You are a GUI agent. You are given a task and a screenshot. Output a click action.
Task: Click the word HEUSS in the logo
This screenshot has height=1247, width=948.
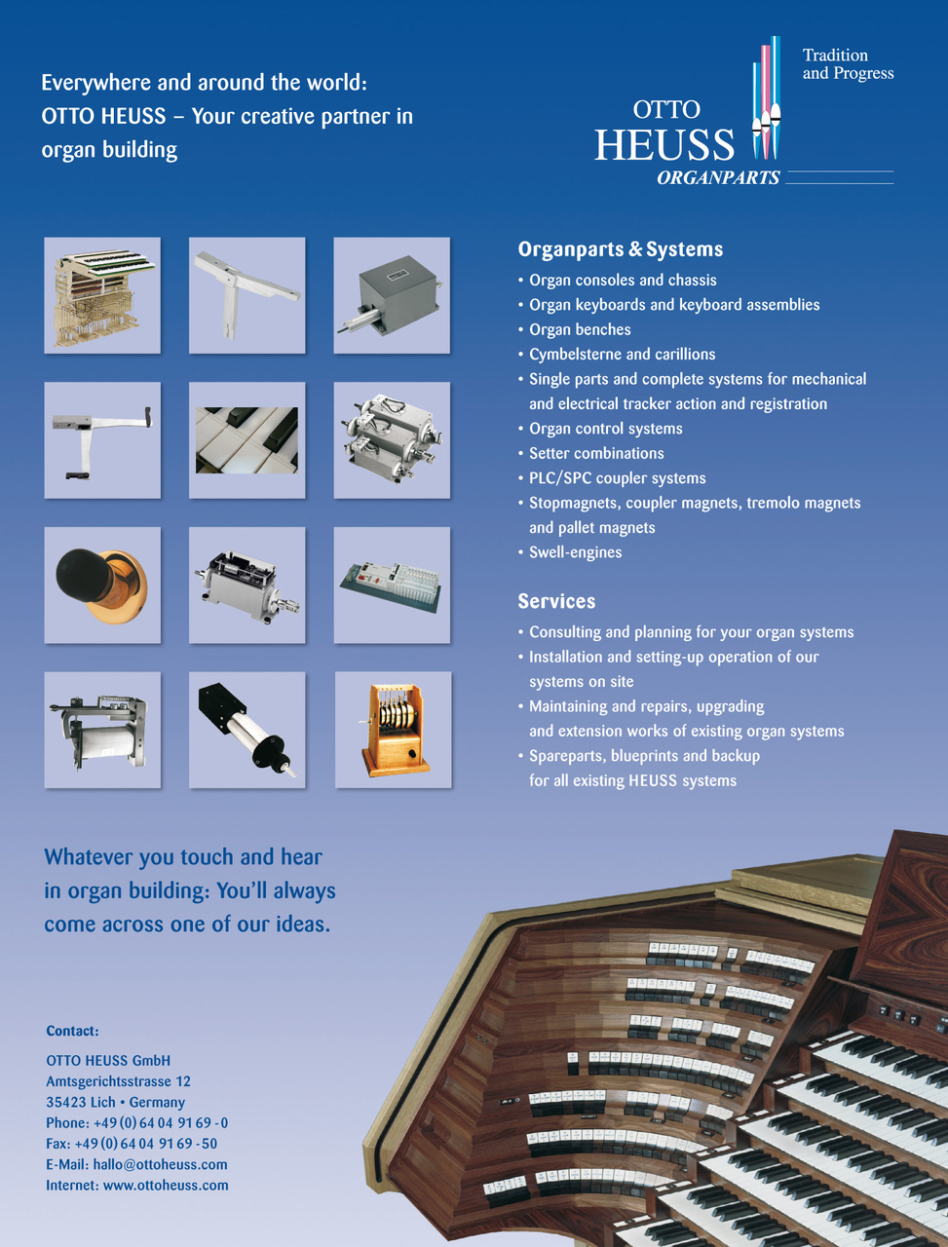[664, 145]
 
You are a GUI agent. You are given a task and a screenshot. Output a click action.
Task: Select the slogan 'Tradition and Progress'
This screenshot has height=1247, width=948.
[848, 64]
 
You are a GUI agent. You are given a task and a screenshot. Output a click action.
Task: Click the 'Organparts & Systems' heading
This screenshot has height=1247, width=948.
[620, 249]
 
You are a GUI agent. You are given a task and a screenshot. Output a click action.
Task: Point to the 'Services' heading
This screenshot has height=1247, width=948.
[556, 601]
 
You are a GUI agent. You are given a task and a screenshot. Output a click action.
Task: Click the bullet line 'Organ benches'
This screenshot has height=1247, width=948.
[580, 329]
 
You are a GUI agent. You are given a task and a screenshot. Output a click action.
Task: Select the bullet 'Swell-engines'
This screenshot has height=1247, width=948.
[575, 552]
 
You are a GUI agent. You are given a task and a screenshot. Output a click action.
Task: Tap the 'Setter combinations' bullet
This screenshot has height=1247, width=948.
[596, 453]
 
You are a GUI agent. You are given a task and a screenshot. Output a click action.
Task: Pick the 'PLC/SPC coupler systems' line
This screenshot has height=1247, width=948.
[617, 478]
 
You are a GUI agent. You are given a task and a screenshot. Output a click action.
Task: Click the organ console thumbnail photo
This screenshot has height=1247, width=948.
[102, 295]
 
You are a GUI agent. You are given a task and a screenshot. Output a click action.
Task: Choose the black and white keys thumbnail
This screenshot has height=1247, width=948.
[246, 440]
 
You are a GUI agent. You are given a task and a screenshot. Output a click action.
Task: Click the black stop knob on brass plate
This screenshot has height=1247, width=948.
[101, 585]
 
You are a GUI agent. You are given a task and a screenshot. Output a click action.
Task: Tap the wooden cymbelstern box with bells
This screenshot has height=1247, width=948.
[393, 730]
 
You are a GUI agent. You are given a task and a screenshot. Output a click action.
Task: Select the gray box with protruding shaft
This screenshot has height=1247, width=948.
[392, 295]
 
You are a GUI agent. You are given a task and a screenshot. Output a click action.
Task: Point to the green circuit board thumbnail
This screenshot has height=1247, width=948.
[392, 585]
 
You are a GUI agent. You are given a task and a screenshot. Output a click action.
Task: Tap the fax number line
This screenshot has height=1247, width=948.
[132, 1144]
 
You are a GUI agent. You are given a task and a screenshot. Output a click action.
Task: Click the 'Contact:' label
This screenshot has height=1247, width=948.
[72, 1031]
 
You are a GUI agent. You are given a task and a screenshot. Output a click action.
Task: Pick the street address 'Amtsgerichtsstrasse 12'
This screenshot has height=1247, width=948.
[118, 1081]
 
